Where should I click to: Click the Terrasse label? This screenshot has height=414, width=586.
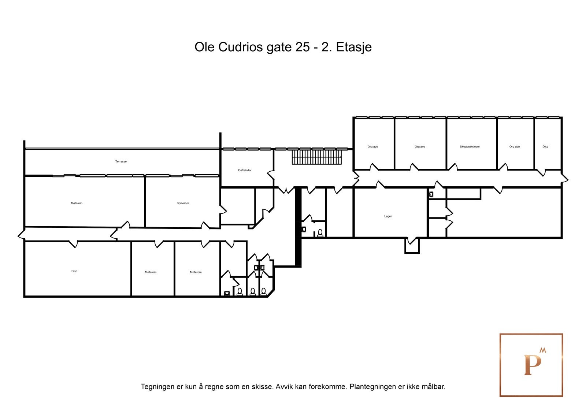pyautogui.click(x=121, y=161)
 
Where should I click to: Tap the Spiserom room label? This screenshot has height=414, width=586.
pyautogui.click(x=183, y=203)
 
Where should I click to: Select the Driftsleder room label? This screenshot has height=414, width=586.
pyautogui.click(x=245, y=170)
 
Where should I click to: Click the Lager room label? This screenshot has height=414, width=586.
pyautogui.click(x=388, y=216)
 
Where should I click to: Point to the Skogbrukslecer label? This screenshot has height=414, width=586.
pyautogui.click(x=470, y=147)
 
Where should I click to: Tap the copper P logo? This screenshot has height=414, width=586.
pyautogui.click(x=531, y=365)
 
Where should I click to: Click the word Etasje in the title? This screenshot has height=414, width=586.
pyautogui.click(x=354, y=47)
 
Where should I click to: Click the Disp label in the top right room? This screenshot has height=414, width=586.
pyautogui.click(x=545, y=147)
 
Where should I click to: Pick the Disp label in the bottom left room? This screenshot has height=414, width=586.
pyautogui.click(x=74, y=271)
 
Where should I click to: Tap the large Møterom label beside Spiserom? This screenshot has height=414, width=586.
pyautogui.click(x=77, y=203)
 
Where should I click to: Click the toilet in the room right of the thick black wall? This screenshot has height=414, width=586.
pyautogui.click(x=320, y=233)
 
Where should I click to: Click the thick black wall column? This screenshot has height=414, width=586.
pyautogui.click(x=298, y=227)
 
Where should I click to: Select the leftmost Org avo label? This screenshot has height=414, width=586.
pyautogui.click(x=372, y=147)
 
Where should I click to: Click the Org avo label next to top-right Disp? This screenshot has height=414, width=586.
pyautogui.click(x=514, y=147)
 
